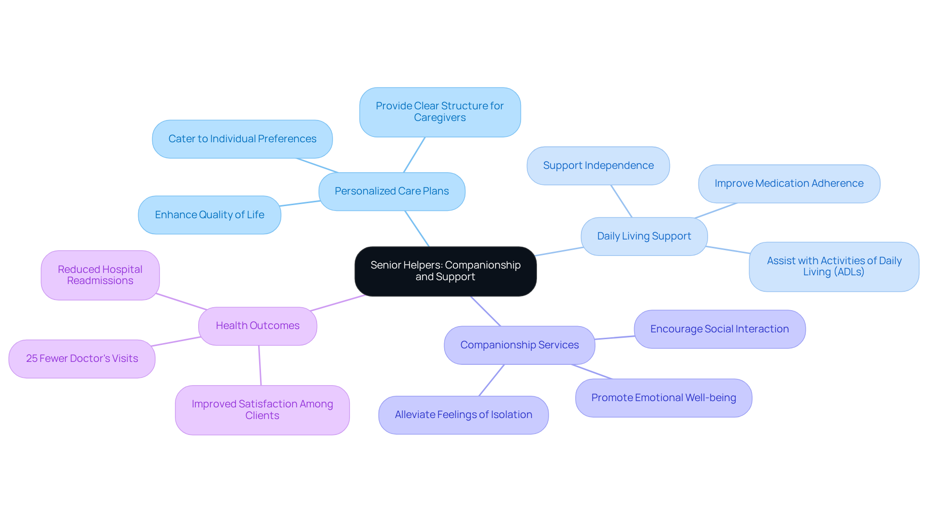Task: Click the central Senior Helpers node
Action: pos(445,271)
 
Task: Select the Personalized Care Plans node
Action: pos(391,191)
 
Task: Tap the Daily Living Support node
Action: pos(644,236)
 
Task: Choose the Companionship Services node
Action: pos(519,345)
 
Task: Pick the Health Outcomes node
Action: pos(257,326)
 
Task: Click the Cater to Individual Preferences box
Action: pos(242,139)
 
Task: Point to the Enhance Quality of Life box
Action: pos(209,215)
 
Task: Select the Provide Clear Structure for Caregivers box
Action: pos(439,112)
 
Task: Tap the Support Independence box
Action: pos(598,165)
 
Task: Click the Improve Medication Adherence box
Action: pos(789,183)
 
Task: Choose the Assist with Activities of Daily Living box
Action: pos(834,267)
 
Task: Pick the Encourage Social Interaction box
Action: pos(719,329)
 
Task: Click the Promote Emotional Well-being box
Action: pos(663,398)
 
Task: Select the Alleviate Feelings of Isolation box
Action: pos(463,415)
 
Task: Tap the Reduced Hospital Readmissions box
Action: pos(100,275)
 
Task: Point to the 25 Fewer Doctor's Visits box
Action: pos(82,359)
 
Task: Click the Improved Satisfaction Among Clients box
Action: pos(262,410)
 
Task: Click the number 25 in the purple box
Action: pos(31,359)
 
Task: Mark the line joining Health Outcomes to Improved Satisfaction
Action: pos(260,365)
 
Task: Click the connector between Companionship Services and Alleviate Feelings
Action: pos(492,380)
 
